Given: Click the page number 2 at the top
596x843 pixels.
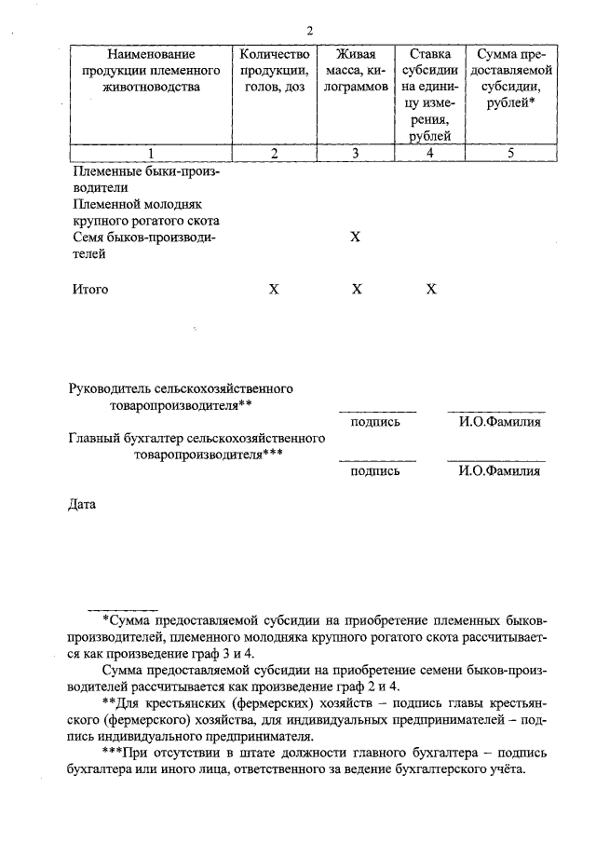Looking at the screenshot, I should pyautogui.click(x=310, y=32).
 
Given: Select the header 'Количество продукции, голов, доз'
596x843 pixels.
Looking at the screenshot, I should pyautogui.click(x=274, y=71).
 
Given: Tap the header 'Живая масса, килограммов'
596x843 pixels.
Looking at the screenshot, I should pyautogui.click(x=355, y=71).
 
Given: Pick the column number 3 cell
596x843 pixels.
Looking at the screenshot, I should pyautogui.click(x=355, y=155).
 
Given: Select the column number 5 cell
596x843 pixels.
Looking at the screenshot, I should pyautogui.click(x=510, y=155).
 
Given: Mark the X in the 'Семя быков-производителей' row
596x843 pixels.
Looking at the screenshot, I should pyautogui.click(x=355, y=238).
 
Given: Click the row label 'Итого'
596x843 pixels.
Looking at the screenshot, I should pyautogui.click(x=90, y=290).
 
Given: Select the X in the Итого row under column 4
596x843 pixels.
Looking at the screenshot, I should pyautogui.click(x=431, y=290).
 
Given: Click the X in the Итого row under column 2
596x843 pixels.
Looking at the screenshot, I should pyautogui.click(x=274, y=290).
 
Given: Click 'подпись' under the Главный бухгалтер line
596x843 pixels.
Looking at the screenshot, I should pyautogui.click(x=375, y=471).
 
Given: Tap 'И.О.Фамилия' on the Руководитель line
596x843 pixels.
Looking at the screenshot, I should pyautogui.click(x=499, y=422).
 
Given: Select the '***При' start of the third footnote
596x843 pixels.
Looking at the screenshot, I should pyautogui.click(x=124, y=752).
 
